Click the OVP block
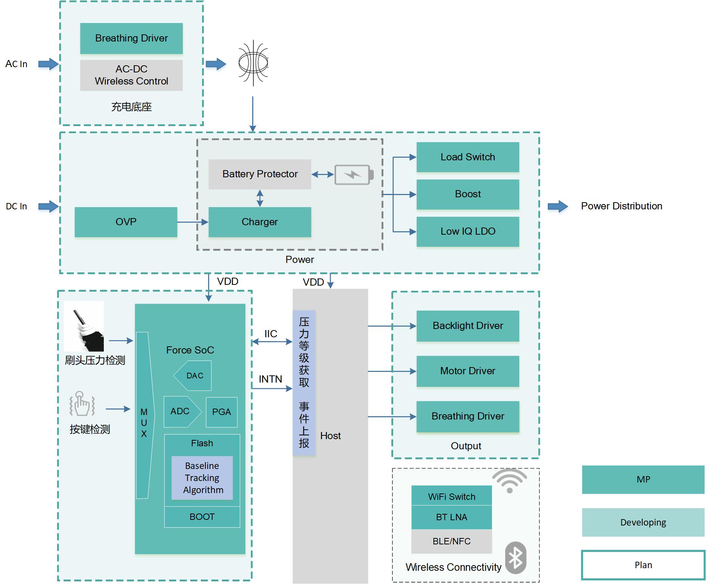126,222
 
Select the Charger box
260,222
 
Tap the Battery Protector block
260,174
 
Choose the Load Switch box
468,157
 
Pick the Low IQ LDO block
468,231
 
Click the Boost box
468,194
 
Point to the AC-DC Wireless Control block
131,75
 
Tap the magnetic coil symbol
253,63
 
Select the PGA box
222,412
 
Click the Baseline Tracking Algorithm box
202,478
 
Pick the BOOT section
202,517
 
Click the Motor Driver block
468,371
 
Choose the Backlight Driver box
468,326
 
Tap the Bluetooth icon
515,558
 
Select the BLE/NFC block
452,541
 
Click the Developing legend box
643,523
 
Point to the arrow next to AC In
48,64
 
